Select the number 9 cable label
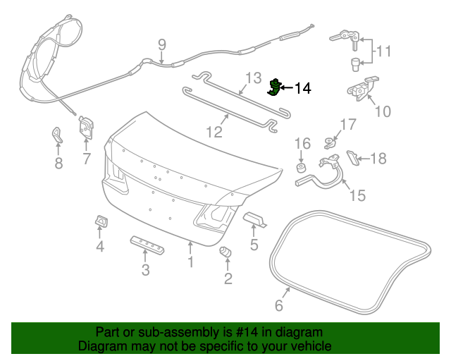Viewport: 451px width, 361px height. (x=161, y=45)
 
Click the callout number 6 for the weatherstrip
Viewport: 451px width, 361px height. (x=278, y=305)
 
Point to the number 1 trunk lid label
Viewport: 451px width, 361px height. (x=190, y=262)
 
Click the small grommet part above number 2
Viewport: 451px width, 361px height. (x=227, y=252)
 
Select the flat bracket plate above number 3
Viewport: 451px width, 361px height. (x=146, y=244)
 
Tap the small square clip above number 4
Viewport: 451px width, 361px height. (x=101, y=222)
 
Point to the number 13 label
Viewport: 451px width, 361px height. (x=252, y=78)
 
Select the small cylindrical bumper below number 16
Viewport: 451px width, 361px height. (x=300, y=169)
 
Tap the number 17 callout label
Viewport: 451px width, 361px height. (x=349, y=126)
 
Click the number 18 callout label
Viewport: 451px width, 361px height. (x=378, y=159)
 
